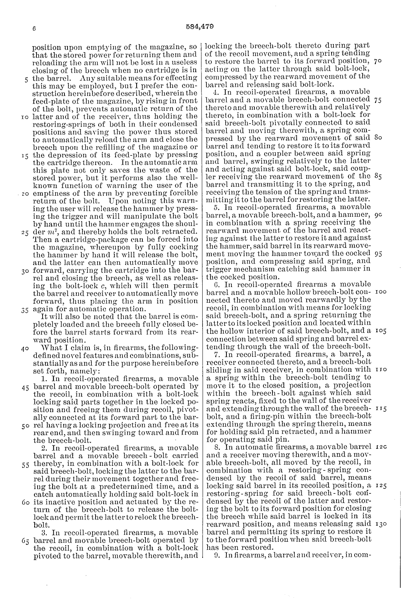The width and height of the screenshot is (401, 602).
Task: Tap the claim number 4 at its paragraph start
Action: pyautogui.click(x=215, y=92)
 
